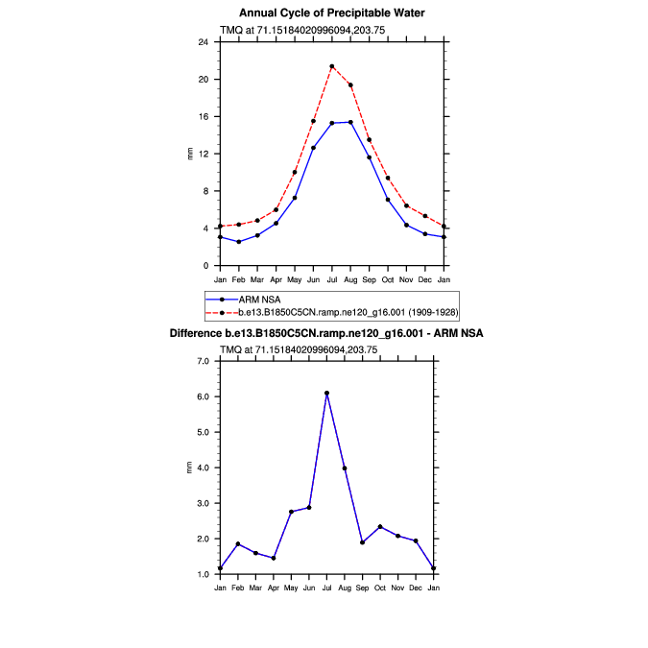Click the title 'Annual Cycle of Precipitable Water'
coord(331,12)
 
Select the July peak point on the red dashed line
coord(332,66)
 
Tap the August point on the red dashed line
coord(350,84)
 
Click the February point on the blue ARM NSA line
coord(239,241)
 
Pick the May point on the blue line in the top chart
coord(295,198)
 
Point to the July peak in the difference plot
coord(326,393)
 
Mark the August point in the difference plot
coord(345,468)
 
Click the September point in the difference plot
coord(362,542)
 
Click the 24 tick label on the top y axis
coord(203,42)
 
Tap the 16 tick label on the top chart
coord(203,116)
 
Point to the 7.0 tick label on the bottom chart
coord(203,361)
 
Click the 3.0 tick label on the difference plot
coord(203,503)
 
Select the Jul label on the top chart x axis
coord(332,279)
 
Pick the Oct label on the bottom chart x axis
coord(380,588)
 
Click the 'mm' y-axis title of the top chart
coord(189,154)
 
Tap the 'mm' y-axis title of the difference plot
coord(189,468)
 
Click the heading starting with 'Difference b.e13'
coord(326,333)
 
